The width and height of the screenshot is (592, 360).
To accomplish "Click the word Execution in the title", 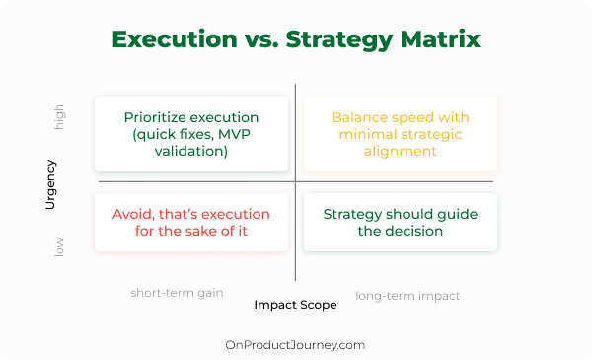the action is point(175,39).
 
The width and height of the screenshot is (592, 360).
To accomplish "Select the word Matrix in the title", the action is point(440,39).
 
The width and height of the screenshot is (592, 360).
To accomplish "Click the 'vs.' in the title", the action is point(261,40).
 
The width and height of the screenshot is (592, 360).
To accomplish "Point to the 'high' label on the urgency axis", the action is point(59,117).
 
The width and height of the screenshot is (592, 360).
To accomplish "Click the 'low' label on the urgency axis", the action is point(59,248).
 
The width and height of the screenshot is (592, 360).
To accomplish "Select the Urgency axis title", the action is point(50,184).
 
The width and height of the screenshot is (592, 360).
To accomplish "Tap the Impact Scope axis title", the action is point(295,305).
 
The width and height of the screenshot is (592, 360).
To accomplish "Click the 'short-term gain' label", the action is point(177,293).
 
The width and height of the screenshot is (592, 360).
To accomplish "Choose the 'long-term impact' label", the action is point(407,296).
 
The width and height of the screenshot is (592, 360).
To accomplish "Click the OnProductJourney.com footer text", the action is point(295,345).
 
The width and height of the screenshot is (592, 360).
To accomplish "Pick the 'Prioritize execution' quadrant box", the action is point(191,133).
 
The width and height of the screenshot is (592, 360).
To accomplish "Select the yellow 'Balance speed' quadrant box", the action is point(401,133).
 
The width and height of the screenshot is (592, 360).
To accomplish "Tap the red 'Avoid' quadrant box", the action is point(191,222).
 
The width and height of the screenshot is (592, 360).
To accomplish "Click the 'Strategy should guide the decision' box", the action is point(401,222).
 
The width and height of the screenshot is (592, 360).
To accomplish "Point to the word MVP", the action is point(234,134).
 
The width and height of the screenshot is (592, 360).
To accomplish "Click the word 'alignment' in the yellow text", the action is point(401,151).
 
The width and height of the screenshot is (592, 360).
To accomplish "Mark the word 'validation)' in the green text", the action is point(191,152).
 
